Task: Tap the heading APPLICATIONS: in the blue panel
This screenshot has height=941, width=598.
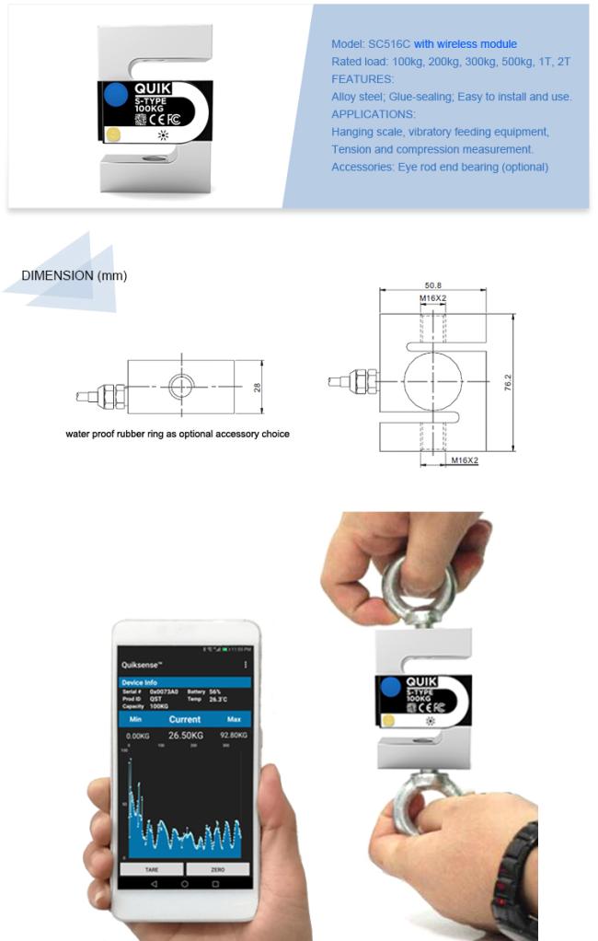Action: click(373, 114)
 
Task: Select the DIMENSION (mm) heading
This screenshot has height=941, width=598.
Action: click(74, 275)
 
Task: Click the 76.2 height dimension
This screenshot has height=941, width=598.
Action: click(508, 382)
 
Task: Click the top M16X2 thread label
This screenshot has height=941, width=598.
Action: click(432, 299)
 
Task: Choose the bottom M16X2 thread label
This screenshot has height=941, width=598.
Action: click(465, 459)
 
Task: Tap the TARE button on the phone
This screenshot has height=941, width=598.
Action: click(151, 868)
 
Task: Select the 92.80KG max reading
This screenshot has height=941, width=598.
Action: click(234, 735)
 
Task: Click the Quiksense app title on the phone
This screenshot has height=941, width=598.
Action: click(142, 664)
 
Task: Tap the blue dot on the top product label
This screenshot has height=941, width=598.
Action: click(115, 94)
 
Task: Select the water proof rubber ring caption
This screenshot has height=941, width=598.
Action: click(177, 434)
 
